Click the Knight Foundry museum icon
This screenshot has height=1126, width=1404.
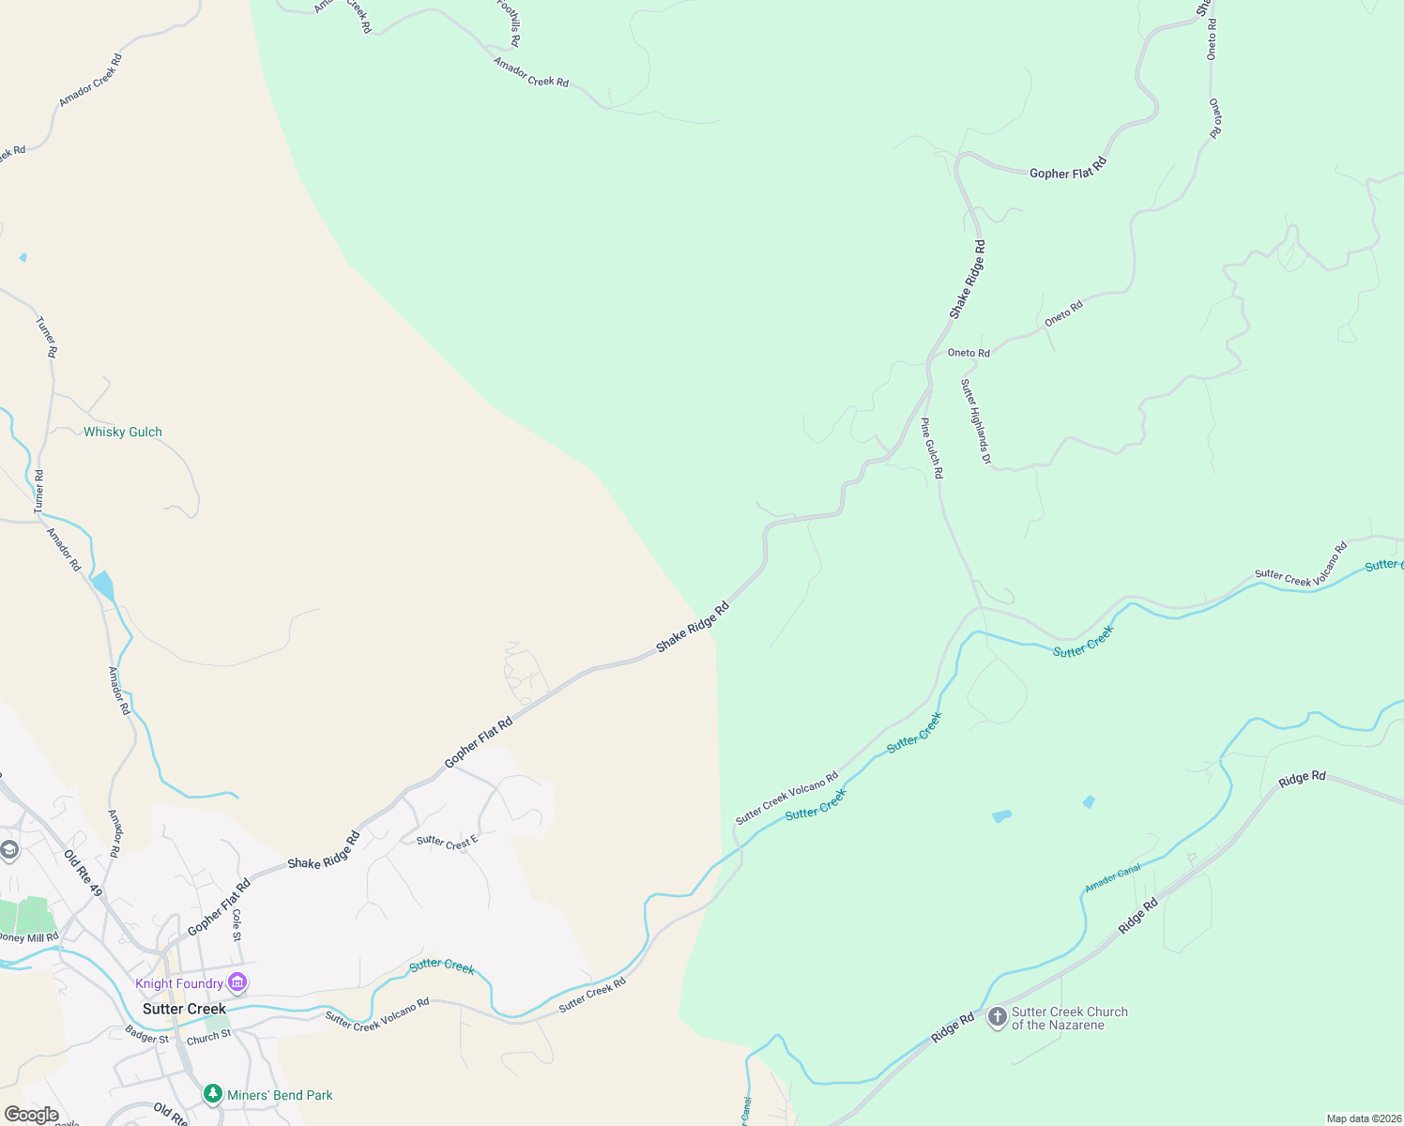click(x=237, y=982)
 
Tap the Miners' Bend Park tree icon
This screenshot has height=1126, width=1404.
click(x=213, y=1094)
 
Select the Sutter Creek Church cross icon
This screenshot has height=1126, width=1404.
click(x=997, y=1017)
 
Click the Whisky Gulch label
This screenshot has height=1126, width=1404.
click(x=123, y=432)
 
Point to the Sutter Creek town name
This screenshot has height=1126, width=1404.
click(x=184, y=1009)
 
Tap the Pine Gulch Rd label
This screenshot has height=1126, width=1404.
click(x=931, y=449)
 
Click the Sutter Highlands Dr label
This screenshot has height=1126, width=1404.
click(x=975, y=421)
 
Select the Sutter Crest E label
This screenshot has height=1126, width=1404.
click(x=448, y=842)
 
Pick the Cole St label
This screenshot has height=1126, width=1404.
click(x=237, y=925)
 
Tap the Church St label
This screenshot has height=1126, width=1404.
click(x=208, y=1037)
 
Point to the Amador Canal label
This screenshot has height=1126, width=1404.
click(x=1113, y=877)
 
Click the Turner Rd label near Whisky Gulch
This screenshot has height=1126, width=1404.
click(x=38, y=492)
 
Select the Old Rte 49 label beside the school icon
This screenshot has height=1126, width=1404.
click(x=84, y=873)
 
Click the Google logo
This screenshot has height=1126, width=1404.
click(x=32, y=1115)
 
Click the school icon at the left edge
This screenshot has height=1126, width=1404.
click(x=9, y=850)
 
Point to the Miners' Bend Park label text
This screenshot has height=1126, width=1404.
click(x=280, y=1095)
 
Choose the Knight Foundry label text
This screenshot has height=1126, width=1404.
click(x=179, y=983)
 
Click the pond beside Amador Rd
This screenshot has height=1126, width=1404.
click(x=103, y=585)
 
